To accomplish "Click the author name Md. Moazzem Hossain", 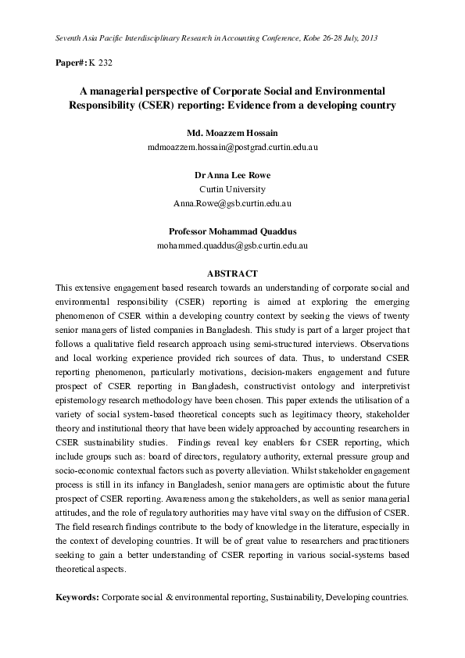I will click(232, 132).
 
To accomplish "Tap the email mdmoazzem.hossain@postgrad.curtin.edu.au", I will click(232, 146).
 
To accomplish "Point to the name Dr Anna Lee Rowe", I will click(232, 175).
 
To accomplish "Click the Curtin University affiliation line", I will click(232, 189).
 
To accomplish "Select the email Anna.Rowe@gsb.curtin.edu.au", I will click(232, 203).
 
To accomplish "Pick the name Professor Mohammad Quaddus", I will click(232, 231).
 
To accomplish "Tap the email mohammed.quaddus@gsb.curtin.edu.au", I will click(232, 245).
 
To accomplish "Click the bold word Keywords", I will click(77, 597).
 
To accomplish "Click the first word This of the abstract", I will click(63, 287).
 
